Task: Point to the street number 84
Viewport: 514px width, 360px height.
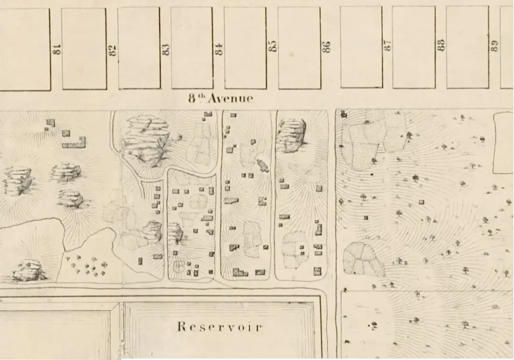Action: click(218, 49)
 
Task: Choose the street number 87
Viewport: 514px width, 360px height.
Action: click(388, 45)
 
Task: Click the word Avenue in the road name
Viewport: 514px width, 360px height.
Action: click(231, 98)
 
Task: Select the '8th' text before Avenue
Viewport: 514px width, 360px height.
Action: click(197, 98)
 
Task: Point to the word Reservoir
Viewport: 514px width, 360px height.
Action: click(219, 327)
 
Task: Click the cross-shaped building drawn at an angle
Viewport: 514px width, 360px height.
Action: click(262, 165)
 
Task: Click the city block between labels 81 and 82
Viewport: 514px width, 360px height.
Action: click(84, 49)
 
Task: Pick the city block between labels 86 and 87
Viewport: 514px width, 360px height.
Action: click(361, 47)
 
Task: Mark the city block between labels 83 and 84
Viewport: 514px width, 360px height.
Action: click(192, 48)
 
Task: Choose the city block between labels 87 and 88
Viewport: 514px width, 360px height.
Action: click(414, 47)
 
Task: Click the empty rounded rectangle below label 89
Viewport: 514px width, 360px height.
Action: click(503, 143)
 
